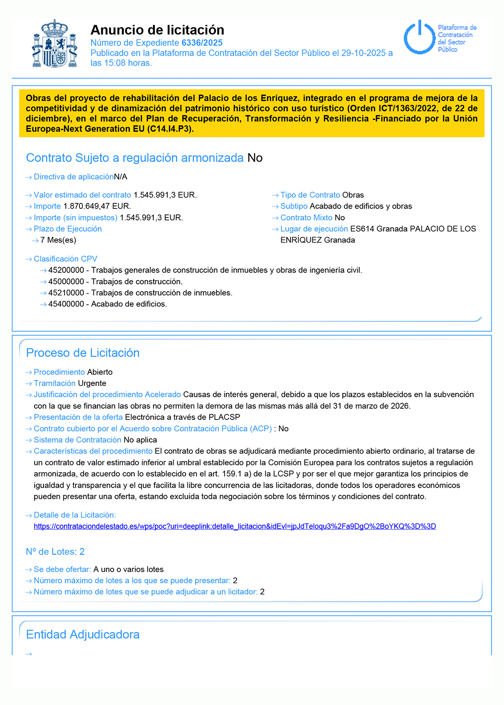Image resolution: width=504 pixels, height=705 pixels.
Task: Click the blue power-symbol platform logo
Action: click(x=419, y=38)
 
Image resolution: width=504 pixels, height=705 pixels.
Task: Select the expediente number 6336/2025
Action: click(x=202, y=43)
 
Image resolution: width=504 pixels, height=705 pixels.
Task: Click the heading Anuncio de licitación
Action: click(x=157, y=30)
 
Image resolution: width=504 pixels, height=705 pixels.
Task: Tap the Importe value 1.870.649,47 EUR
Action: click(x=97, y=206)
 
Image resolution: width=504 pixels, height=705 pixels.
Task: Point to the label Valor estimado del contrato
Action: click(x=82, y=195)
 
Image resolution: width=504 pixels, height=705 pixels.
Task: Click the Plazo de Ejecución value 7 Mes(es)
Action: click(x=58, y=240)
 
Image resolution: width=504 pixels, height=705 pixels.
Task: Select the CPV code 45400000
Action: click(x=66, y=304)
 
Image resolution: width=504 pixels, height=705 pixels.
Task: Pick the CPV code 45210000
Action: click(x=66, y=293)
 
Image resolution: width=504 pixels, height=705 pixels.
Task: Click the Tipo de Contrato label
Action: click(x=310, y=195)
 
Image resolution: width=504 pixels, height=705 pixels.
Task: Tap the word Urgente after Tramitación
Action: click(x=92, y=383)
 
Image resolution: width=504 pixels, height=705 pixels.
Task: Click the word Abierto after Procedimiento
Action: click(x=100, y=372)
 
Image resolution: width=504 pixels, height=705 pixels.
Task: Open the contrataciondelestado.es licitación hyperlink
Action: click(x=235, y=526)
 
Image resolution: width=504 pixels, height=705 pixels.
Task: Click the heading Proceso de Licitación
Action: click(x=83, y=353)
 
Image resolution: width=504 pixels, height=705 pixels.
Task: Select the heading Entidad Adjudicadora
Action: click(x=83, y=635)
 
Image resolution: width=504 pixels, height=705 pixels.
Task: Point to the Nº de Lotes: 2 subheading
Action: click(x=55, y=552)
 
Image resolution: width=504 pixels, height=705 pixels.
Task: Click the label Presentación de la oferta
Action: click(x=78, y=417)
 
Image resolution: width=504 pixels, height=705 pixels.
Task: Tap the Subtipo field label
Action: click(x=294, y=206)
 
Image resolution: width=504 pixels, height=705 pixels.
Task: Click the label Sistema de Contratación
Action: click(x=78, y=440)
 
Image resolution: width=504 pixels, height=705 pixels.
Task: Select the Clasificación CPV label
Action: click(x=65, y=259)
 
